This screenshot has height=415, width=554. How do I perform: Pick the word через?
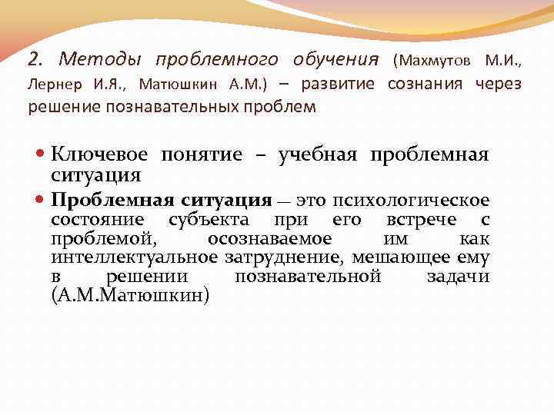pos(498,83)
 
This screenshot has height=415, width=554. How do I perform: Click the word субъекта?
pos(205,221)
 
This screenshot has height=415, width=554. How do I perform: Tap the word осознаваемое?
pos(269,239)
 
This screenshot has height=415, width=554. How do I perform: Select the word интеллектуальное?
pos(135,257)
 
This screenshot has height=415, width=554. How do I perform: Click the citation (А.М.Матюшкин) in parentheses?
pos(129,295)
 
